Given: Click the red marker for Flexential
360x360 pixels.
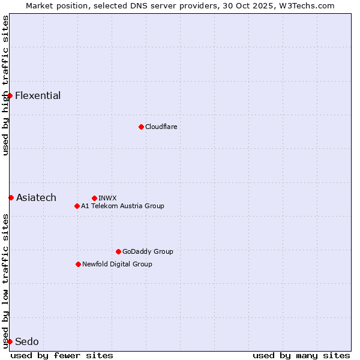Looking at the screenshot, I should tap(10, 95).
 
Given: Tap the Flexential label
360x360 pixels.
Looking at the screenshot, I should tap(38, 96).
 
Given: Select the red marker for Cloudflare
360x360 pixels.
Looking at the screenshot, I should tap(141, 127).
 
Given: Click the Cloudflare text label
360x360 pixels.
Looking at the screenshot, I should tap(161, 127).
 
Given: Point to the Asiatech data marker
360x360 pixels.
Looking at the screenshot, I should tap(11, 197).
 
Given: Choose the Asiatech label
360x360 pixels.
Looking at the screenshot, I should tap(36, 198).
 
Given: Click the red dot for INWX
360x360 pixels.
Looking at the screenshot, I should tap(94, 198).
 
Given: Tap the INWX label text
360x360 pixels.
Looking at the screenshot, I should tap(107, 198).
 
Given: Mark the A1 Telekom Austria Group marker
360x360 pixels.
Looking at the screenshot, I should tap(77, 206).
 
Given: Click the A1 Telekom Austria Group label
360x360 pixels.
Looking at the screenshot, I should tap(122, 206).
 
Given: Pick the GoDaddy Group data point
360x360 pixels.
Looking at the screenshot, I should tap(118, 251).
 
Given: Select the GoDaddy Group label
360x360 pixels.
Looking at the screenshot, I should tap(148, 251).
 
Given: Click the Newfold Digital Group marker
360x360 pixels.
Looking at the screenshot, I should tap(78, 264).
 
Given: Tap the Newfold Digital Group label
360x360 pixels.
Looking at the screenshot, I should tap(117, 264).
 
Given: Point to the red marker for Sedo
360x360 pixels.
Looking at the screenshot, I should tap(10, 341).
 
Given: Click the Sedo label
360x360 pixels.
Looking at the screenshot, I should tap(27, 342).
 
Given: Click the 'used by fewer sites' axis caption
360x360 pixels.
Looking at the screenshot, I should tap(62, 355).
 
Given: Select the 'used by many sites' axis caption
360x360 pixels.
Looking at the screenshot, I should tap(301, 355).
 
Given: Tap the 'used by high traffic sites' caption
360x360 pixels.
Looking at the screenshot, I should tap(5, 85).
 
